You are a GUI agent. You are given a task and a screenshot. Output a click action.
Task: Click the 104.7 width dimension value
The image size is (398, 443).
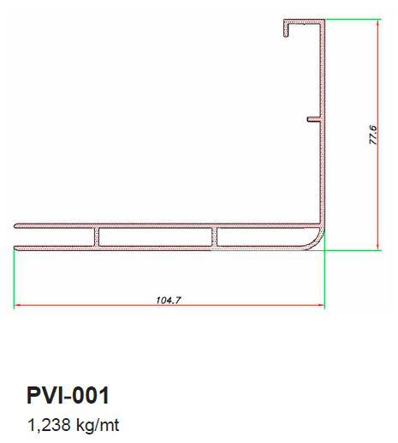pos(169,300)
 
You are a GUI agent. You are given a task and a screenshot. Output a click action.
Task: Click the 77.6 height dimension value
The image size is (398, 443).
pos(373,135)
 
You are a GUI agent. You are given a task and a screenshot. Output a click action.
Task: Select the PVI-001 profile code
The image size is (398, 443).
pos(68,395)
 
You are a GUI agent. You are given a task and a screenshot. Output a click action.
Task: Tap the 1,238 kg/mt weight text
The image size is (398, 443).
pos(73,425)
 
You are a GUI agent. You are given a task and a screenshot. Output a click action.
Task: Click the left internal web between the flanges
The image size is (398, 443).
pos(97,236)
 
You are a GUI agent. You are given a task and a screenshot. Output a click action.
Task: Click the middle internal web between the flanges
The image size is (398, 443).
pos(214,236)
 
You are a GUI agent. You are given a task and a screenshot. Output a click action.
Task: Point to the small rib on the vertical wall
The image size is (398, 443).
pos(313,119)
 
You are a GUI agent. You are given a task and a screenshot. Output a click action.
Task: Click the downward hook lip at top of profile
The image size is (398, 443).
pos(286,28)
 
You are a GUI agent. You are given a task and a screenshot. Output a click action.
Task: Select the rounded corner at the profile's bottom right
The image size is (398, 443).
pos(317,242)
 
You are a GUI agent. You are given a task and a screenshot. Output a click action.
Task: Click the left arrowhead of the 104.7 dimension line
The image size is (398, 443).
pos(17,305)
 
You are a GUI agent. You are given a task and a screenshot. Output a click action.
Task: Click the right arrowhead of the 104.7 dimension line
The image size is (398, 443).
pos(321,305)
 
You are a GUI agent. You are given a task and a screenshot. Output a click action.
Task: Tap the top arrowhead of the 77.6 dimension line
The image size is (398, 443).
pos(377,22)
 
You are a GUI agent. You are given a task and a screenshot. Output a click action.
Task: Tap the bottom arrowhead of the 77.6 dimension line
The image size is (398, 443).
pos(377,247)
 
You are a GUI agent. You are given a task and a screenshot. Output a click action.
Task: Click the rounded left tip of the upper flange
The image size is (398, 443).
pos(15,226)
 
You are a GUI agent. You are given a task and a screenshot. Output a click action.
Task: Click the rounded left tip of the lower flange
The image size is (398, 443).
pos(15,248)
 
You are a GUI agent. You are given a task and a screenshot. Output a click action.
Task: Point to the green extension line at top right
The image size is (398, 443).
pos(353,19)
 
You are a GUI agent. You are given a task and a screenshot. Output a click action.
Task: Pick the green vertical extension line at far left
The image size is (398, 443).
pos(14,278)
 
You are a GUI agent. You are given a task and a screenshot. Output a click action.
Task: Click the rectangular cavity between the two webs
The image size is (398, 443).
pos(156,236)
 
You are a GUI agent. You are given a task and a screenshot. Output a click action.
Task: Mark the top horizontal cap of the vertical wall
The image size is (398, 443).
pos(304,21)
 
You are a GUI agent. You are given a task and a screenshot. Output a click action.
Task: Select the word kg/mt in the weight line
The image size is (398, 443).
pos(98,425)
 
